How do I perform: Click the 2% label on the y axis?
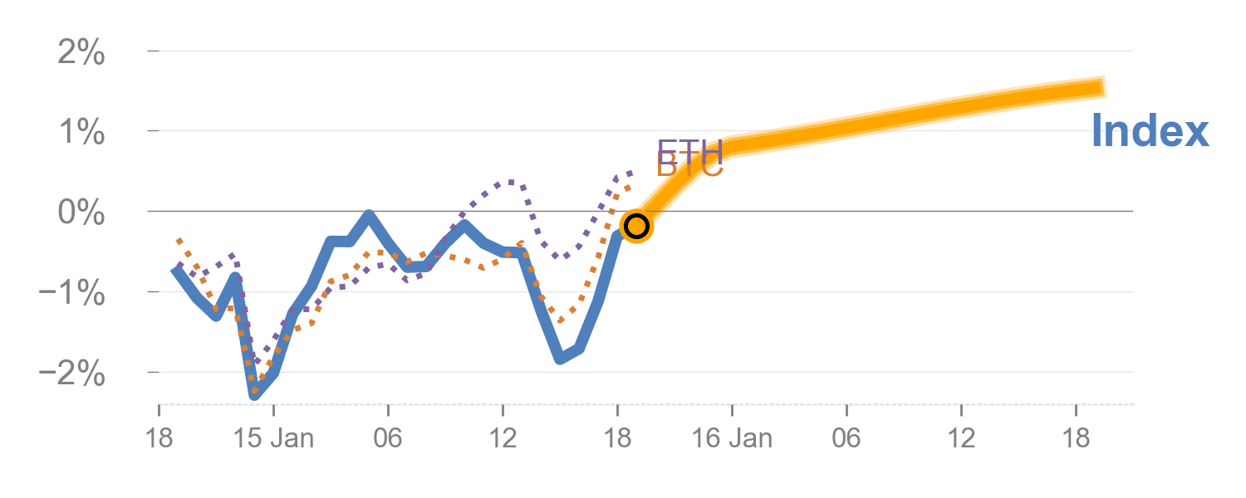pos(81,54)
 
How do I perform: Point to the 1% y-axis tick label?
pos(81,133)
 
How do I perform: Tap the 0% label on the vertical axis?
pos(81,213)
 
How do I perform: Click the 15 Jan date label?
pos(273,437)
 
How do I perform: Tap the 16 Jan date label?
pos(732,437)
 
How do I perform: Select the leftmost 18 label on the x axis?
pos(159,437)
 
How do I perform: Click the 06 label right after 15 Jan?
pos(388,437)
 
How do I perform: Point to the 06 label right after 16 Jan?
pos(846,437)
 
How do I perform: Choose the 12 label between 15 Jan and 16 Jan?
pos(503,437)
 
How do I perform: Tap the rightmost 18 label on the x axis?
pos(1076,437)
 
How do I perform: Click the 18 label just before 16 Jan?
pos(617,437)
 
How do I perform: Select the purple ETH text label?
pos(689,152)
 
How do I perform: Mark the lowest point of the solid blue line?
pos(254,395)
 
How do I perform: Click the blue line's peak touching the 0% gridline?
pos(369,215)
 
